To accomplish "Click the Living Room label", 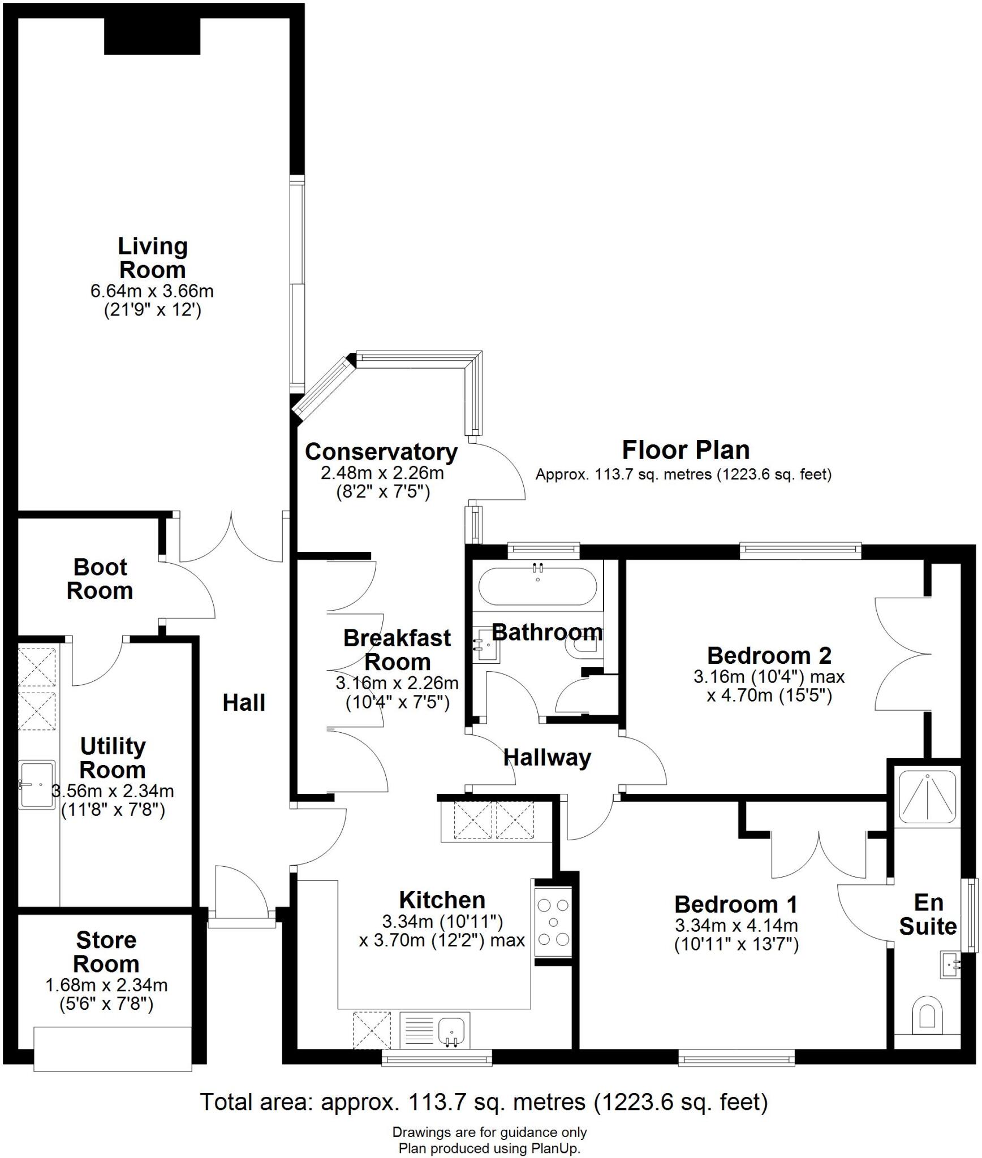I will pyautogui.click(x=152, y=258).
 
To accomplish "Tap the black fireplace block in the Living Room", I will pyautogui.click(x=152, y=36).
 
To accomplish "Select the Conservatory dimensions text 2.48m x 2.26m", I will pyautogui.click(x=382, y=473).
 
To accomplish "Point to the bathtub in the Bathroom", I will pyautogui.click(x=537, y=586).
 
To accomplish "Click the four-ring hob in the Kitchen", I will pyautogui.click(x=553, y=922).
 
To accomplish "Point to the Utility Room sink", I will pyautogui.click(x=37, y=784).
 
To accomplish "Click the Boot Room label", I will pyautogui.click(x=100, y=579).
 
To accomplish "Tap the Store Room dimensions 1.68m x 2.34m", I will pyautogui.click(x=106, y=985).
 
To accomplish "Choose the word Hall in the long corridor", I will pyautogui.click(x=244, y=703).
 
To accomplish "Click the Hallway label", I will pyautogui.click(x=547, y=758).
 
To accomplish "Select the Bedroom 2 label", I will pyautogui.click(x=769, y=655).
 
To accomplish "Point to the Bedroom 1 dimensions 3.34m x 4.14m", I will pyautogui.click(x=736, y=926).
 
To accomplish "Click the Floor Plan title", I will pyautogui.click(x=686, y=450).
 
